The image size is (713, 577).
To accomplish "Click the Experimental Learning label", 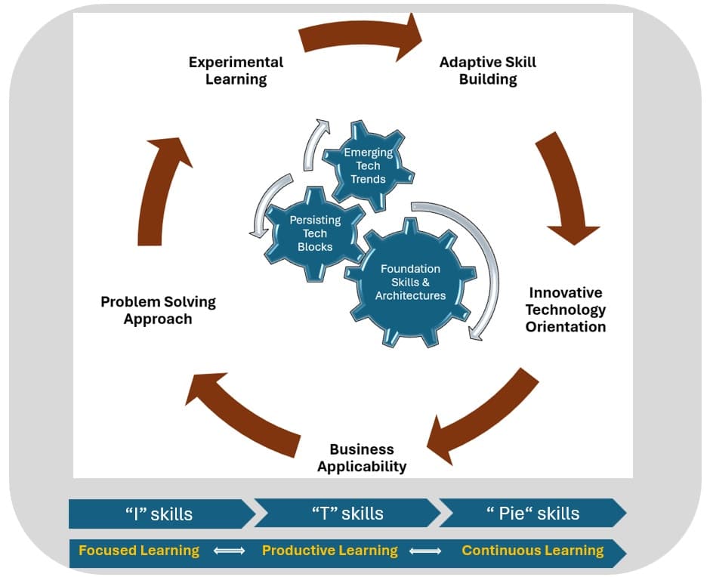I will click(x=236, y=70).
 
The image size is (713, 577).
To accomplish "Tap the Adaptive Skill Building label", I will click(x=488, y=70).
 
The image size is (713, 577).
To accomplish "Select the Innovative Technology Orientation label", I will click(x=565, y=310).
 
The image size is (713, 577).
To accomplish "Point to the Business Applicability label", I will click(x=362, y=458).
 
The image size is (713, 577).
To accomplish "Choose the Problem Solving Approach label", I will click(x=158, y=310).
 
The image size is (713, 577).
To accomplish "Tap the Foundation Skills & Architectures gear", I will click(x=410, y=282).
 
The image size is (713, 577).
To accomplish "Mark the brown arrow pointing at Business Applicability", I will click(x=478, y=419).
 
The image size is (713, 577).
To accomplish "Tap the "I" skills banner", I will click(x=159, y=514).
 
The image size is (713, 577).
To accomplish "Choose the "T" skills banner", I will click(x=347, y=514).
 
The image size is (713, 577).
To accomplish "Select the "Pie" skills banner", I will click(x=533, y=514).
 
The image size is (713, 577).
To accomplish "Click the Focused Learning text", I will click(x=139, y=551).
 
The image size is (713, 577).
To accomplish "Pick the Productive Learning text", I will click(x=329, y=551).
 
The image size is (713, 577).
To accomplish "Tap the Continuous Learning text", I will click(x=532, y=551).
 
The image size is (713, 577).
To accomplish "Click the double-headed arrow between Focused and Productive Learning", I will click(x=230, y=551).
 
